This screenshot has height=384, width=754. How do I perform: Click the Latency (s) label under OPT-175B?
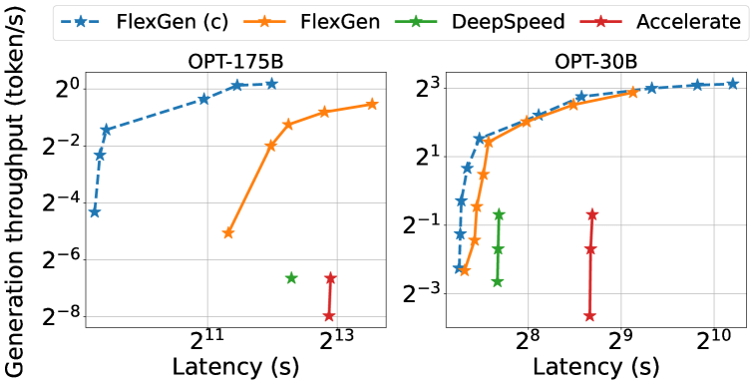pos(236,366)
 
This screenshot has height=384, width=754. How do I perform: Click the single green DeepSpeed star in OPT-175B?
pos(291,277)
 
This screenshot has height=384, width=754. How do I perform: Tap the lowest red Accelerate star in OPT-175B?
pos(329,316)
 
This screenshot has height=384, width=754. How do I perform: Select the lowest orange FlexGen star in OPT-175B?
pos(228,233)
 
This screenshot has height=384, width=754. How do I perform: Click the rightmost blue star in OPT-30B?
pos(733,84)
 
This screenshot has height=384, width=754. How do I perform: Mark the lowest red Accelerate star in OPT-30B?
pos(589,316)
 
